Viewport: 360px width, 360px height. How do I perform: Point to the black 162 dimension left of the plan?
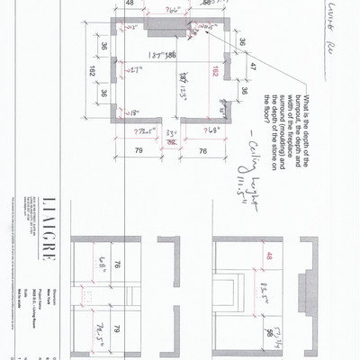92,73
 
